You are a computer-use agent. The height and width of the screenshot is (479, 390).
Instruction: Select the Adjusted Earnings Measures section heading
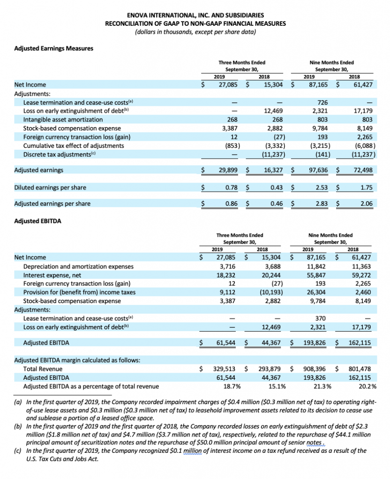53,48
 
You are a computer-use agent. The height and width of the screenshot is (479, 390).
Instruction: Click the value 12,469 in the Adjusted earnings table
272,111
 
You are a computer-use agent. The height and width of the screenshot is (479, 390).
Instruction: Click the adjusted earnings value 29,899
228,170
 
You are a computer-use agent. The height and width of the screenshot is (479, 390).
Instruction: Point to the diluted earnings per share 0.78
232,188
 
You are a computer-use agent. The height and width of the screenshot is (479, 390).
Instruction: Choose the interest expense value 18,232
228,275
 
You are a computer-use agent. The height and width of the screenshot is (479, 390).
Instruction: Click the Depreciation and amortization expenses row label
78,266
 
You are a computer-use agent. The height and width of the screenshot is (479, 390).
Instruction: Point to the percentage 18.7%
230,386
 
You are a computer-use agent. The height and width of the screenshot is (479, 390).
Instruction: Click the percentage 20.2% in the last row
367,386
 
